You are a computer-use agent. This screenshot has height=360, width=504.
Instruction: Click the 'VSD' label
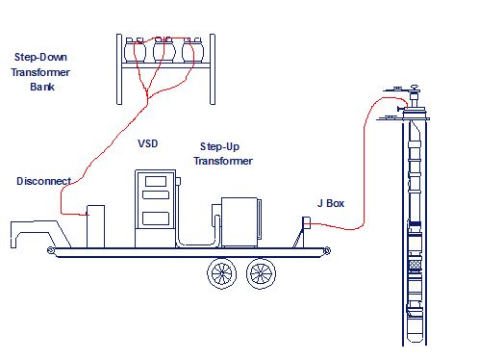click(147, 143)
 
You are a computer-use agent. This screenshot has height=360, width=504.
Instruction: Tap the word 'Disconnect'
click(43, 181)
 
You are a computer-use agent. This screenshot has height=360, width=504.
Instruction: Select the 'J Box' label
click(333, 203)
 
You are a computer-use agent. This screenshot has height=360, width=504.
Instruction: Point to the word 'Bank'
click(43, 86)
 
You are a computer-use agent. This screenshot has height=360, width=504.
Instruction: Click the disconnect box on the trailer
click(95, 223)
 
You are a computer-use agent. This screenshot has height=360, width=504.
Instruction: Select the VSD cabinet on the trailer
click(154, 207)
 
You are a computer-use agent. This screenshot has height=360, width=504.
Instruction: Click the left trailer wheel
click(223, 274)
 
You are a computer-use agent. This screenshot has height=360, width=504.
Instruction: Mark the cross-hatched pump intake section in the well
click(415, 263)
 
